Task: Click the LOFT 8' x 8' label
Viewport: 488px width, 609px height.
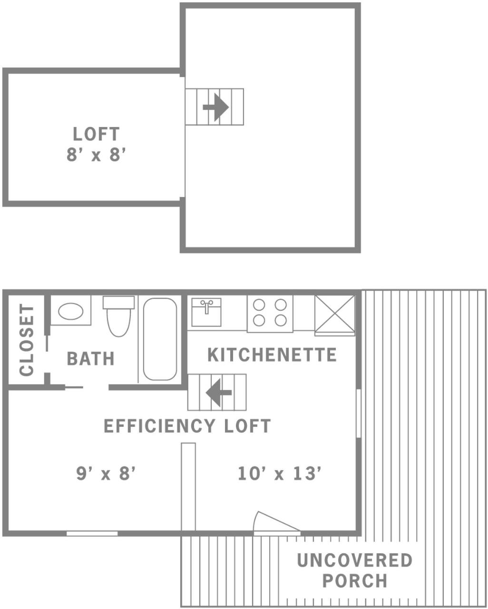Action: tap(96, 144)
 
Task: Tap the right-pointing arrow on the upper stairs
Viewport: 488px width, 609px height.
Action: tap(216, 107)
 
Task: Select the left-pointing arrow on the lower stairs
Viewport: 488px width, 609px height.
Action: tap(219, 393)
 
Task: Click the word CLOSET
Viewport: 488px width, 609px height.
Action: tap(27, 340)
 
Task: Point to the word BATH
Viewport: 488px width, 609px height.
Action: tap(90, 359)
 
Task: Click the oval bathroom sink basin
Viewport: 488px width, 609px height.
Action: tap(71, 311)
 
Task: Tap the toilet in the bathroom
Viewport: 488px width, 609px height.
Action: tap(118, 316)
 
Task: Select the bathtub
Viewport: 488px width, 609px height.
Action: tap(160, 339)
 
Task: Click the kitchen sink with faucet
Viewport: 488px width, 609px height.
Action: tap(206, 312)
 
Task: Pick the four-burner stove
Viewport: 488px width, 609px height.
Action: tap(270, 313)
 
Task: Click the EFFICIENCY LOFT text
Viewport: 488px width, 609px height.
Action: tap(187, 426)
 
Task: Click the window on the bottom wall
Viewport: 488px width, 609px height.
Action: tap(92, 533)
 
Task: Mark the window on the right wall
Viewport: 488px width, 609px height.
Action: tap(359, 413)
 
